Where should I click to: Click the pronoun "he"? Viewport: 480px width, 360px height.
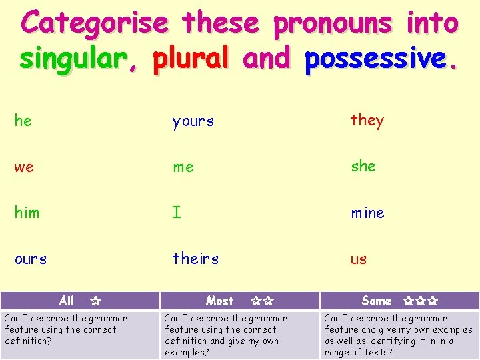(x=23, y=121)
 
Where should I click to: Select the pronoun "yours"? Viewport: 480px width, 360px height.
(x=193, y=121)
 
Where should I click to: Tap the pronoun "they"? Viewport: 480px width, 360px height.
(x=367, y=121)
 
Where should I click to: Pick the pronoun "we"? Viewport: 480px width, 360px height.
(x=24, y=167)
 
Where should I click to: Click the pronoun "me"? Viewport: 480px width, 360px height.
(x=183, y=167)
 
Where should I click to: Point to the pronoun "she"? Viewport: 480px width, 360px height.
(x=364, y=166)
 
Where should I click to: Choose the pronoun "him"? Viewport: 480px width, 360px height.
(x=27, y=213)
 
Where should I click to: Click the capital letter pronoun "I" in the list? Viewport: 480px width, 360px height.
(x=177, y=213)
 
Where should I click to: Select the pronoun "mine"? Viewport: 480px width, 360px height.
(x=368, y=213)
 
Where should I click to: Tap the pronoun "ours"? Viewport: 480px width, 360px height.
(x=31, y=259)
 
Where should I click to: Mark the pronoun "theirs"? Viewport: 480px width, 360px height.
(x=195, y=258)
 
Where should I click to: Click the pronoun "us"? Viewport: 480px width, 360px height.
(x=359, y=259)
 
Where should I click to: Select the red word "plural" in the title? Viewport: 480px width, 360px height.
(x=191, y=59)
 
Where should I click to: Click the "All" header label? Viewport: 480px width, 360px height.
(x=67, y=301)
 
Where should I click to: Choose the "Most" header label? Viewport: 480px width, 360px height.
(x=220, y=301)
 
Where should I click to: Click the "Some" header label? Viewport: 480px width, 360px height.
(x=377, y=301)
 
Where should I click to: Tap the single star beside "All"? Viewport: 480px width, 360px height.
(x=95, y=301)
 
